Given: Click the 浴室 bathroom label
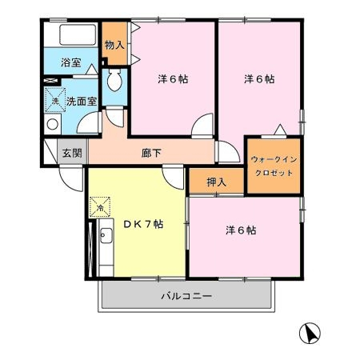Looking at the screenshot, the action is (x=71, y=62).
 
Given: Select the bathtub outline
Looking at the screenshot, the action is (x=78, y=34).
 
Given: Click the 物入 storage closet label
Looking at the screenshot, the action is (x=114, y=45).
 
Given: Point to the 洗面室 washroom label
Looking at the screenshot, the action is (x=82, y=102).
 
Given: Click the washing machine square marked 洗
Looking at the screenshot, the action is (x=55, y=100).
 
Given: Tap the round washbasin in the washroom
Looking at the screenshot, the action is (x=53, y=124).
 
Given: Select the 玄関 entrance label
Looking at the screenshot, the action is (x=72, y=153).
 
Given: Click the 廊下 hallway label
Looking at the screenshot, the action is (x=151, y=153).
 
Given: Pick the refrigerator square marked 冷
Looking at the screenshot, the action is (x=100, y=207).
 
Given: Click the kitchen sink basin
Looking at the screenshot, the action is (x=106, y=236).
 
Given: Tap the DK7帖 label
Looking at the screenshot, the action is (x=143, y=224).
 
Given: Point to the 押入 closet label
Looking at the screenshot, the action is (x=216, y=182).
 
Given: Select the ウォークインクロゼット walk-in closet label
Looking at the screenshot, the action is (x=274, y=166).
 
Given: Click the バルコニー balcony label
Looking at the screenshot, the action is (x=186, y=296).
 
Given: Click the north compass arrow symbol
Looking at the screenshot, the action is (x=310, y=333).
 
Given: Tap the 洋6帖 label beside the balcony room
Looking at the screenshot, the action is (x=241, y=230).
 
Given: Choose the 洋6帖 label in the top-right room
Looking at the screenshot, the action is (x=259, y=79).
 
